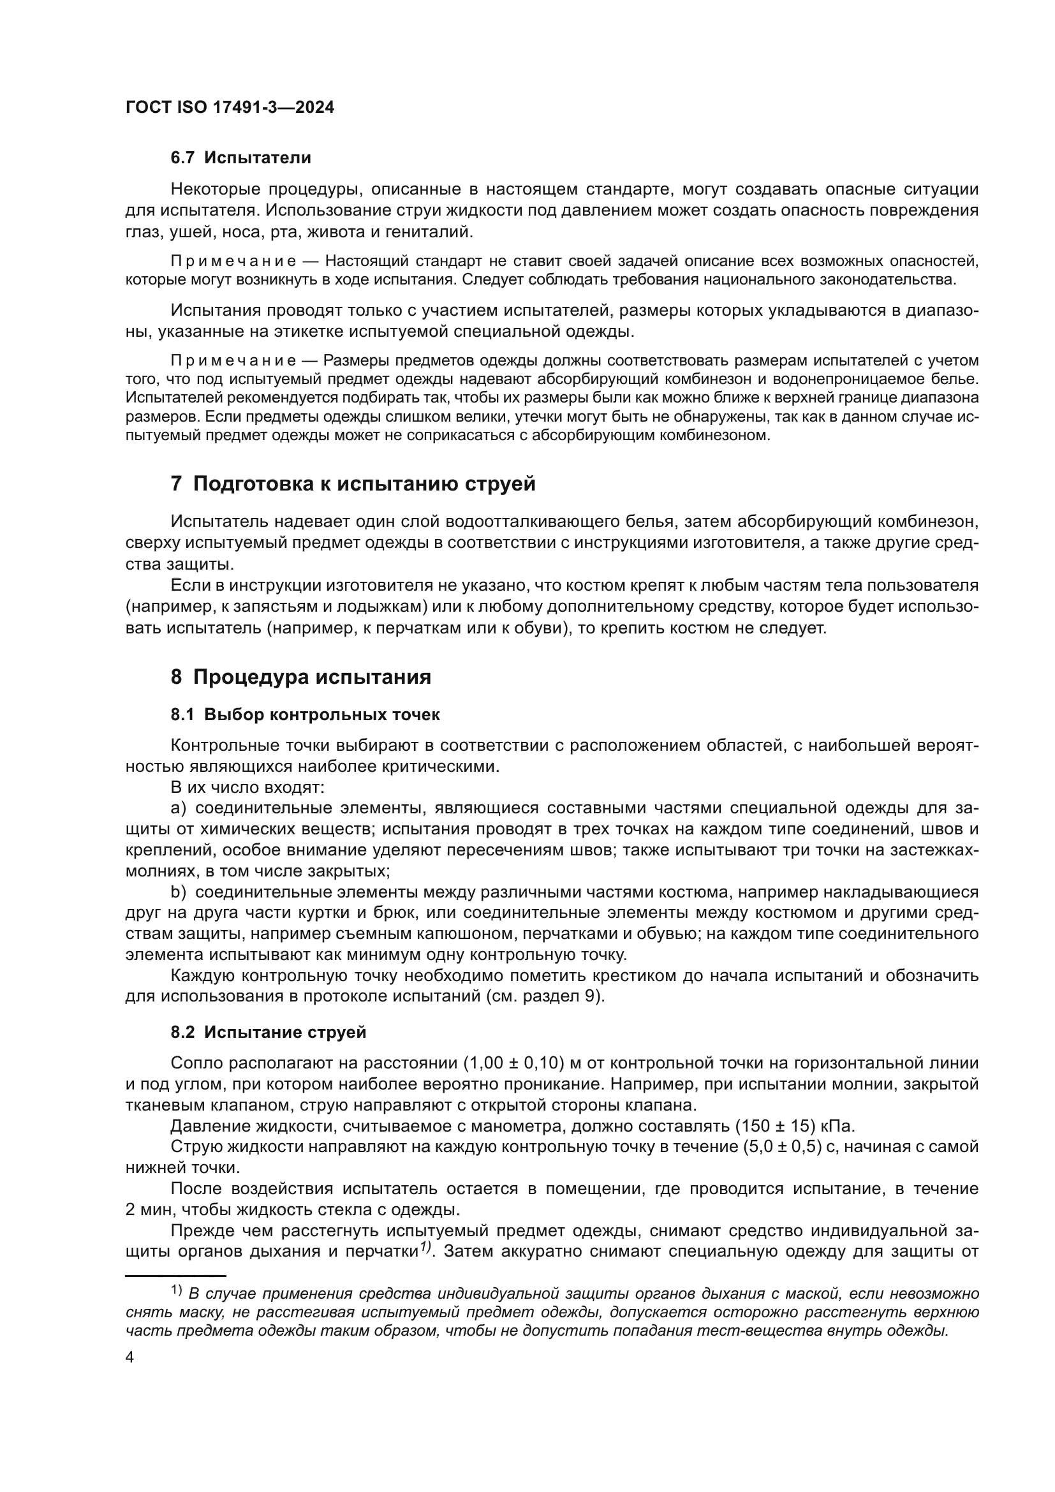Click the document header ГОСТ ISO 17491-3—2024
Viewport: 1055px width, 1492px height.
pos(230,108)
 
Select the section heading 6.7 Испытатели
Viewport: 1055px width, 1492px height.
pos(240,158)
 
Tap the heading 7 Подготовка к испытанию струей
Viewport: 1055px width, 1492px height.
pos(353,484)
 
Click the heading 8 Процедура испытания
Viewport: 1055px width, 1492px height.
pos(301,677)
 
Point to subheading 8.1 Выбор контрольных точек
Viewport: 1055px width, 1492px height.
pos(305,715)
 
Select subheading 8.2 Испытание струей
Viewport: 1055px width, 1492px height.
pos(269,1033)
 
